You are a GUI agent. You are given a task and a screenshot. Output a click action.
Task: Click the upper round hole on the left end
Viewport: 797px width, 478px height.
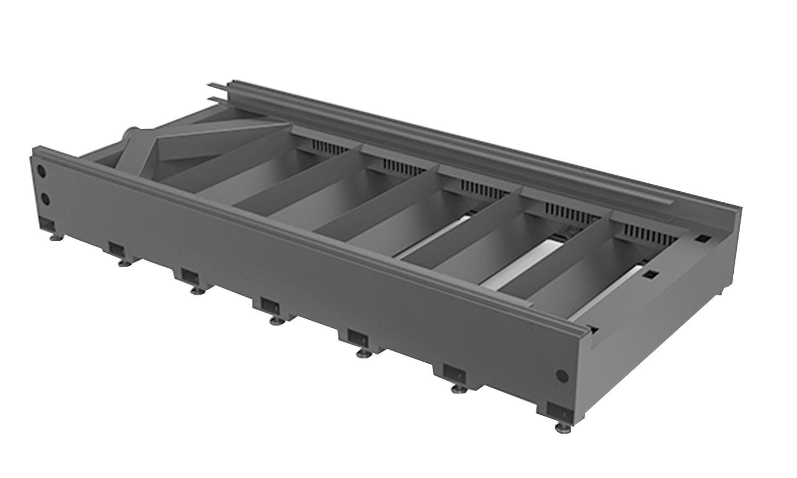(x=41, y=172)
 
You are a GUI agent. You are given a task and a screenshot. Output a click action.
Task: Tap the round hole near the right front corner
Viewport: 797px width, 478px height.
(x=562, y=376)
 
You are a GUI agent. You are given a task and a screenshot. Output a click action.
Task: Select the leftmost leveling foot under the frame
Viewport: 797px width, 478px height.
(x=55, y=238)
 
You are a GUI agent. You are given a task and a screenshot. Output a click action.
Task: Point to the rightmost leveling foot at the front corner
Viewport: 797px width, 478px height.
(x=559, y=426)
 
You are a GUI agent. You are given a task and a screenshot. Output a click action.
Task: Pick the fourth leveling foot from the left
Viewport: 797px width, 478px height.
(x=276, y=320)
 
